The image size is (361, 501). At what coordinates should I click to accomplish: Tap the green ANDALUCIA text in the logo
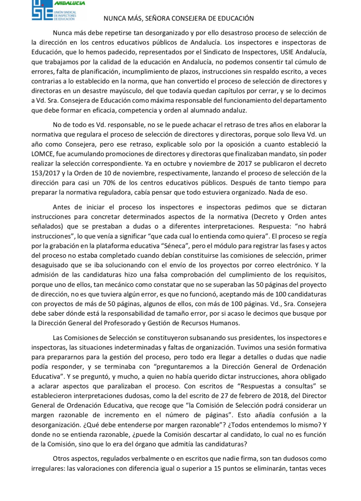tap(70, 3)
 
